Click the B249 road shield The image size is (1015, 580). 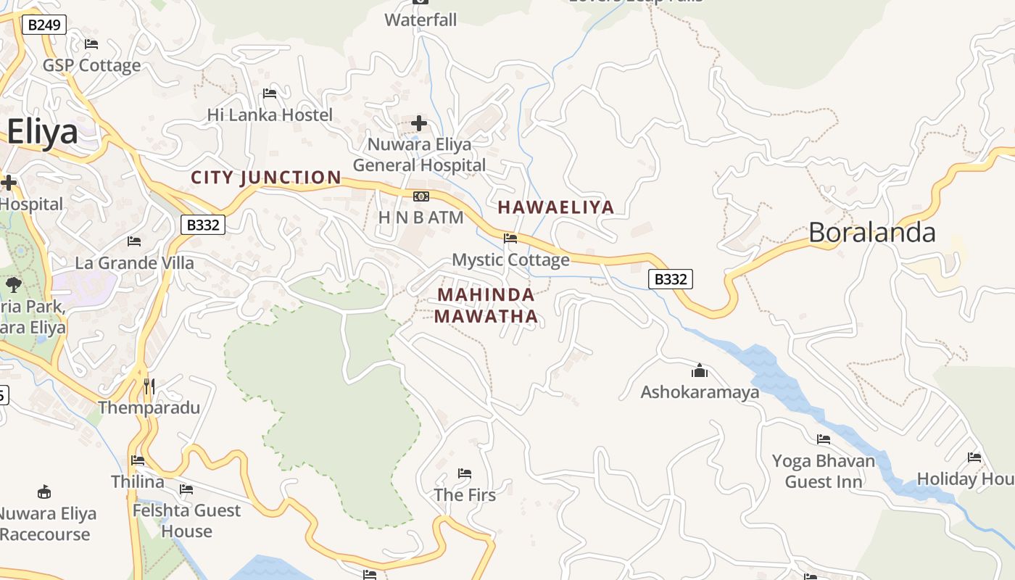click(44, 25)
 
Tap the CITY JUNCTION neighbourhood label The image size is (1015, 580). click(265, 178)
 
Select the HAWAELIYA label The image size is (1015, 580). click(555, 207)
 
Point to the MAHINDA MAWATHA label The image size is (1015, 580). click(486, 305)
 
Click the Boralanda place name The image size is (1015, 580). click(872, 232)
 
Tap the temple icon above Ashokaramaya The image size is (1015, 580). click(700, 371)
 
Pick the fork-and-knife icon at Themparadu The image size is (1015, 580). click(149, 386)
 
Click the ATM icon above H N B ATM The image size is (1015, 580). click(420, 196)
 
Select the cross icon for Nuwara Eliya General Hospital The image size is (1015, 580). click(419, 123)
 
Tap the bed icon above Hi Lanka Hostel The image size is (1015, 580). click(270, 94)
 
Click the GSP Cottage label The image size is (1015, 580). click(91, 65)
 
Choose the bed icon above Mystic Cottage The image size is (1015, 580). click(510, 239)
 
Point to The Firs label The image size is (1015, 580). click(465, 495)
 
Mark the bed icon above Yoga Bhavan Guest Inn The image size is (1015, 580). click(824, 439)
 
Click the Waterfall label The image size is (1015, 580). click(420, 20)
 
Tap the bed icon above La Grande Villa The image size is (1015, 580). click(134, 241)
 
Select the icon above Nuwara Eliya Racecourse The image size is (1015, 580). click(44, 492)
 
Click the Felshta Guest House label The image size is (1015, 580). click(186, 521)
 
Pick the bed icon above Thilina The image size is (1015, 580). click(138, 460)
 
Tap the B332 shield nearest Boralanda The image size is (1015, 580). click(670, 279)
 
